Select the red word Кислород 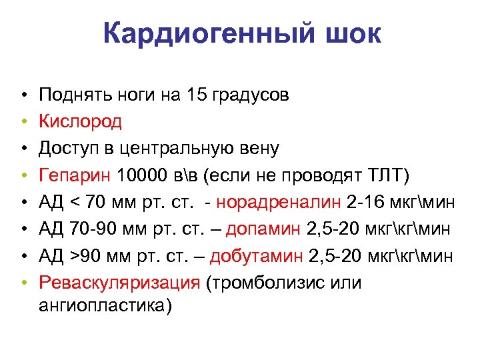[x=80, y=121]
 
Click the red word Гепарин [x=75, y=175]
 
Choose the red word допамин [x=265, y=229]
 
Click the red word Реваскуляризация [x=119, y=283]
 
